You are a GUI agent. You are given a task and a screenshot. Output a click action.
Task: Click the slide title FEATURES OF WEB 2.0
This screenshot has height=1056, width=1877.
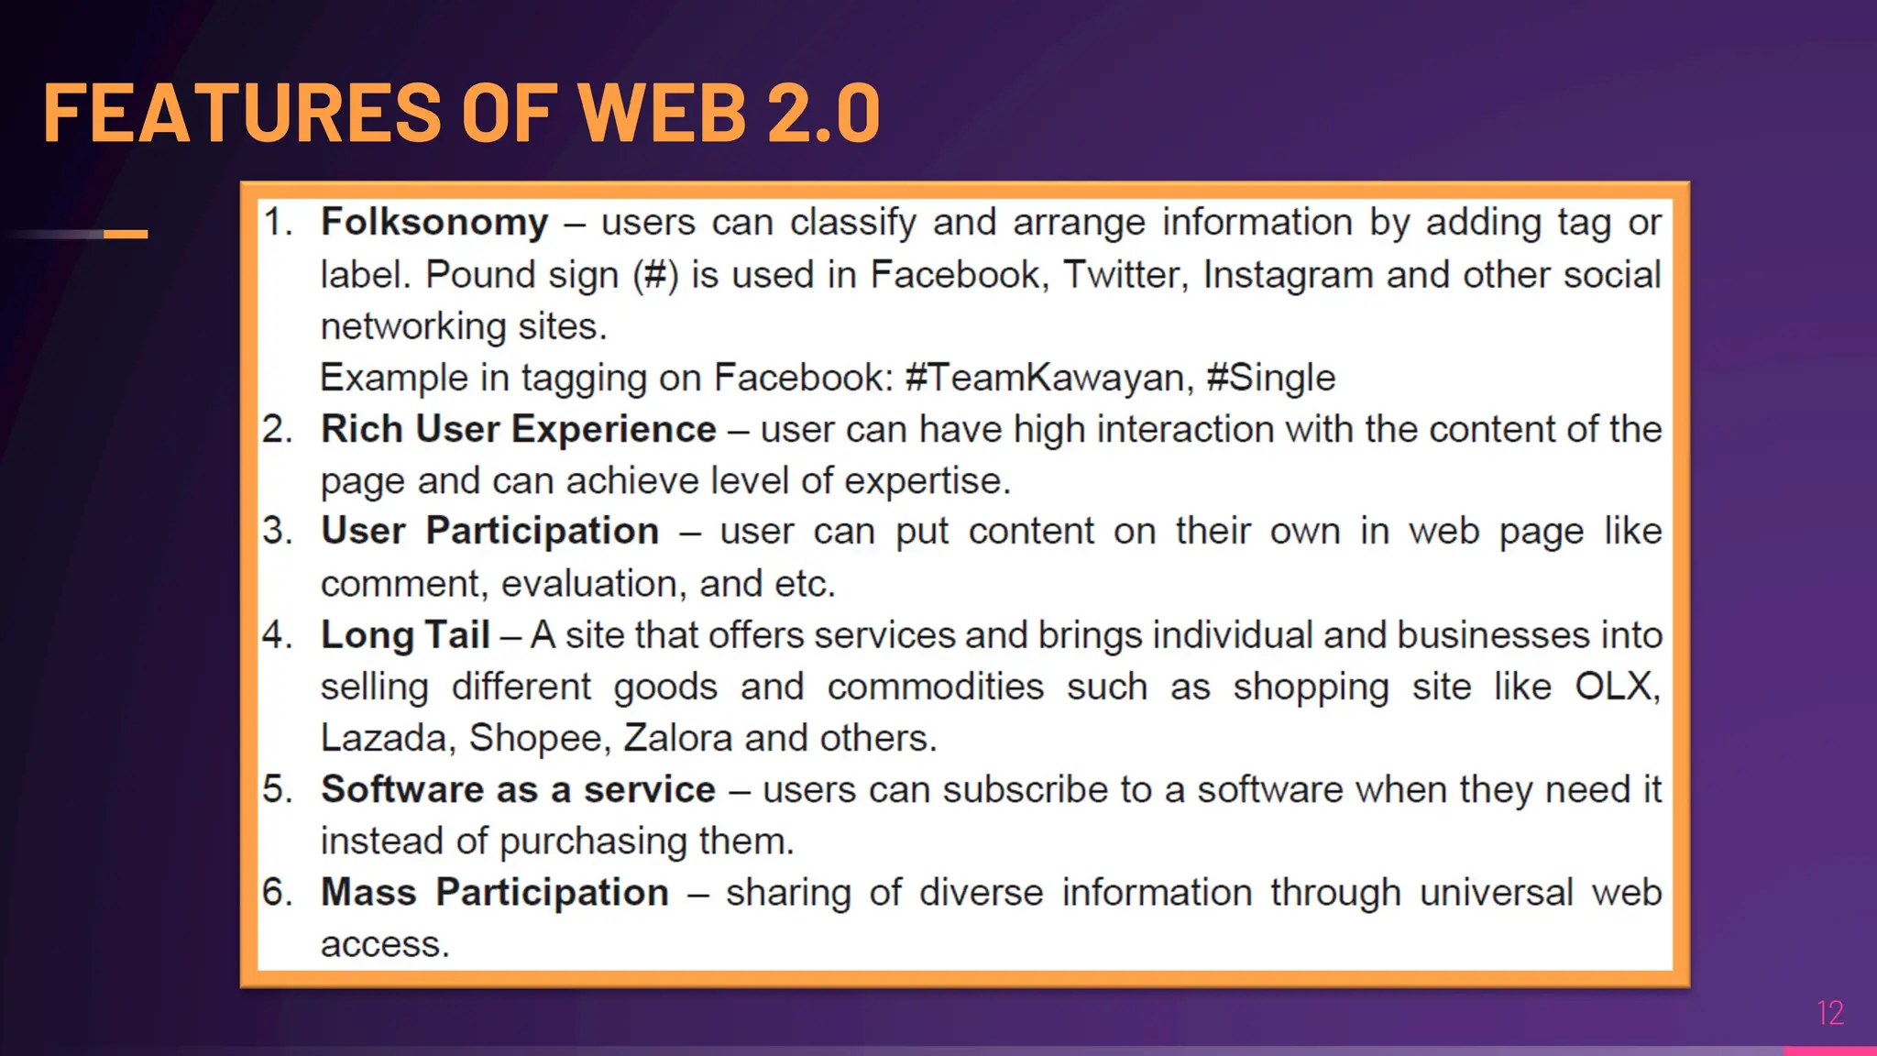[x=461, y=113]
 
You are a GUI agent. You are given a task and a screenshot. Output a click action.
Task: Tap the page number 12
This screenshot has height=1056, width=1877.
[x=1829, y=1013]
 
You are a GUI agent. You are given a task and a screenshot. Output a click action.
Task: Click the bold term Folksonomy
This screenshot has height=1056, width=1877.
[x=434, y=223]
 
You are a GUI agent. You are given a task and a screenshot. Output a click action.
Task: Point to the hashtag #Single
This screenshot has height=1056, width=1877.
[x=1270, y=378]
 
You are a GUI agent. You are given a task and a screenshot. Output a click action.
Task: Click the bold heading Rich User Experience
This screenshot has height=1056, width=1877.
[x=518, y=429]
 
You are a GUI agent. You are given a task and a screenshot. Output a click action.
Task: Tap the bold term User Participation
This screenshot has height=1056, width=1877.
[x=489, y=532]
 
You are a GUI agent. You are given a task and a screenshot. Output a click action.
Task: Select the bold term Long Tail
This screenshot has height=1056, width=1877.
[x=405, y=635]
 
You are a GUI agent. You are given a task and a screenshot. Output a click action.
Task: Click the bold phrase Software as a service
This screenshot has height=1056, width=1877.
[x=518, y=789]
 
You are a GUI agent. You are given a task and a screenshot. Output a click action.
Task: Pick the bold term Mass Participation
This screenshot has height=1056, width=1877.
[x=495, y=893]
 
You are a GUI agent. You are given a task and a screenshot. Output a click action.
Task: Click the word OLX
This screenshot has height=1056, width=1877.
[x=1614, y=687]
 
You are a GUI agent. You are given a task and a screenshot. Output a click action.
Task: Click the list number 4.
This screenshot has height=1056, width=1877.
[x=277, y=635]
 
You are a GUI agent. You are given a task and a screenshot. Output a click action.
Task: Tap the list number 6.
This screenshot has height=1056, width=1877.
[x=277, y=893]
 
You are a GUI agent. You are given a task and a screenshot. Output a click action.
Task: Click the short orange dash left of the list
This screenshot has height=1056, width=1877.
[x=126, y=235]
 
